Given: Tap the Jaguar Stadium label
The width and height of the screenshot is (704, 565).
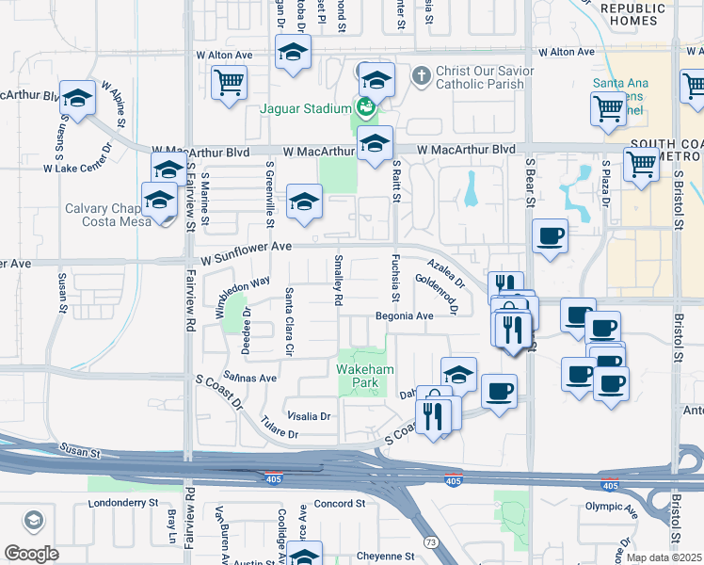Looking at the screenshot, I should pos(305,108).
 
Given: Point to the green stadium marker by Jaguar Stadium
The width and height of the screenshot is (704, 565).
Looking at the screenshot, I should pos(364,108).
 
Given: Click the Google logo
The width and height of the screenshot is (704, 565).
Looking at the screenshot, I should pos(31,554).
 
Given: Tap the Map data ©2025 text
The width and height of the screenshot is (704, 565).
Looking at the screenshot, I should pos(664,557).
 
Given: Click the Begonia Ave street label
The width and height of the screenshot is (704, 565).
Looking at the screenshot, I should pos(405,316).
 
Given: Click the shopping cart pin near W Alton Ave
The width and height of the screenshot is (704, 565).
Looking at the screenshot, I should pos(228,83).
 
